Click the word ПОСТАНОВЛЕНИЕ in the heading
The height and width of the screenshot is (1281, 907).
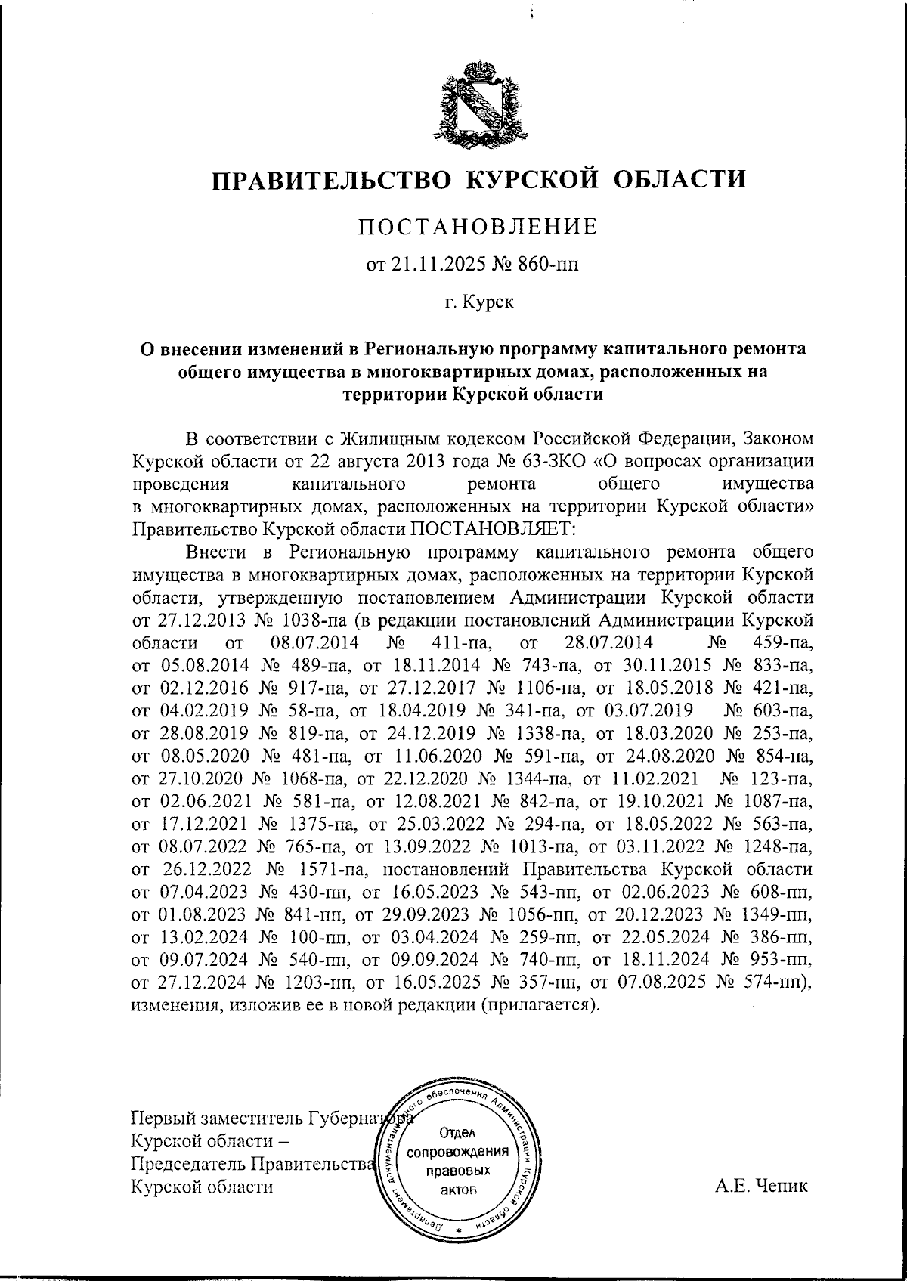478,226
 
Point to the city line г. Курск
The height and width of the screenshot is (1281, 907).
478,303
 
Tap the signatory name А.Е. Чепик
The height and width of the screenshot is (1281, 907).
760,1185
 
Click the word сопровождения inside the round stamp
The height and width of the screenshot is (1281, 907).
457,1153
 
